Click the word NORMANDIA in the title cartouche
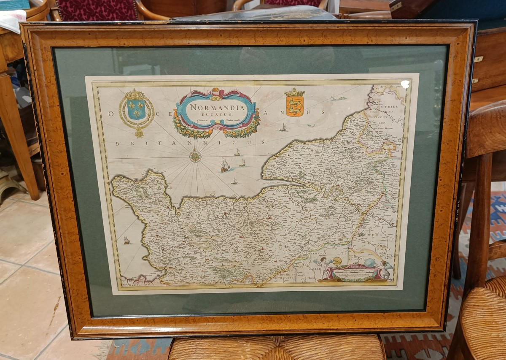pos(217,107)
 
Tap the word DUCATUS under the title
pos(217,114)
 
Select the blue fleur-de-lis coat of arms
pos(136,109)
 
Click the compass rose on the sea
pos(195,157)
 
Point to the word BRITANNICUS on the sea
pos(190,143)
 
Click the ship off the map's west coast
pos(126,240)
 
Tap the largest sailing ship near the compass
pos(225,165)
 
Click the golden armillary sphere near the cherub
pos(337,261)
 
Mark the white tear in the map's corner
pos(405,84)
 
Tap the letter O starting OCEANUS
pos(112,114)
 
